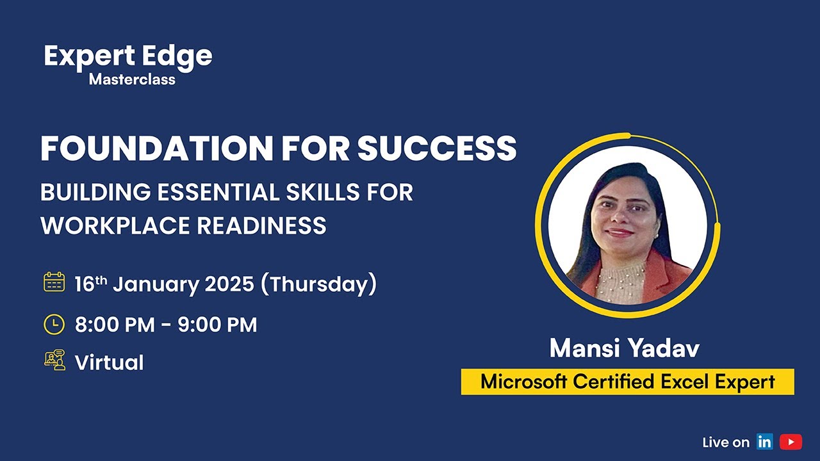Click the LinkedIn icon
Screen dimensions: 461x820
764,442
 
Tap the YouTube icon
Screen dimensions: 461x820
791,442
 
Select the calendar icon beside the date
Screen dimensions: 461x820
54,282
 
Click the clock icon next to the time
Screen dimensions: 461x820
54,324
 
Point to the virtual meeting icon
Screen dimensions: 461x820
54,360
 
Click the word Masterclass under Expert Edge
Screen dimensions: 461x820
132,80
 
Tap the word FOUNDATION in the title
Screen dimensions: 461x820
156,149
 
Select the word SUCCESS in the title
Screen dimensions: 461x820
436,149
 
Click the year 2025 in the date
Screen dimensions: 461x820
229,284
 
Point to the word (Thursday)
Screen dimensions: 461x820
318,284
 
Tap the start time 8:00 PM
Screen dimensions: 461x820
115,325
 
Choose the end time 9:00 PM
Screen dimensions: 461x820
217,325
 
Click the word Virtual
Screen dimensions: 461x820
109,363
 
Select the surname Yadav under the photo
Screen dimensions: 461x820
664,348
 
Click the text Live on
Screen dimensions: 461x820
725,442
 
